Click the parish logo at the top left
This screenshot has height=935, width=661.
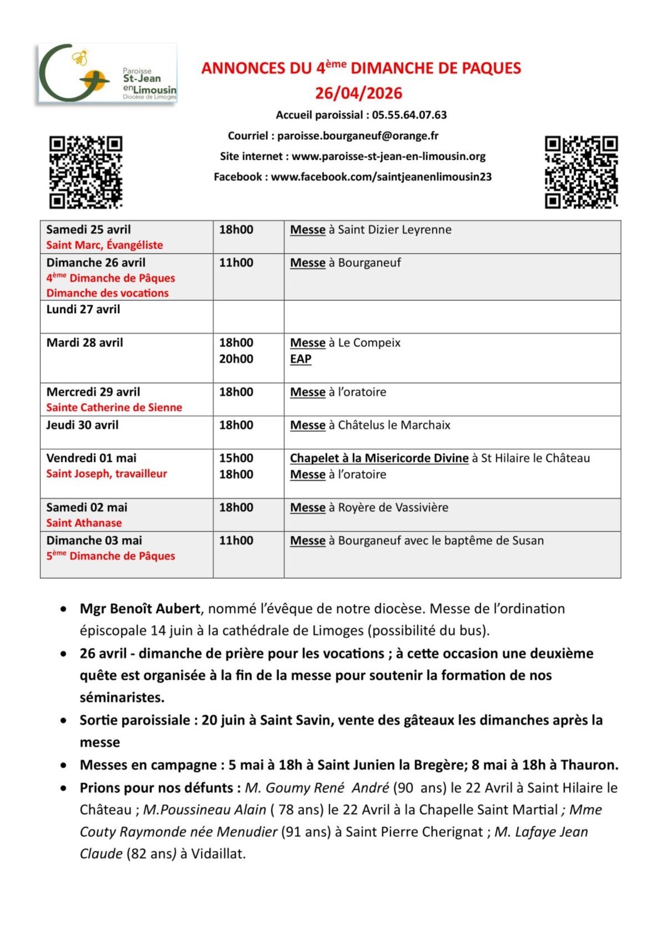[x=107, y=74]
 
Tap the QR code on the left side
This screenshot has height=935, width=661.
[x=85, y=172]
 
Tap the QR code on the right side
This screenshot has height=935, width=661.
[x=581, y=172]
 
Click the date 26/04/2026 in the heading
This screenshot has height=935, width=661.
[x=358, y=93]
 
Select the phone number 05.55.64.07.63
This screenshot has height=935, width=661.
[x=409, y=115]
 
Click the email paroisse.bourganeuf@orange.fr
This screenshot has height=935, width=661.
[x=358, y=136]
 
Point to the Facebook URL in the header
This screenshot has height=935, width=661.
[x=381, y=176]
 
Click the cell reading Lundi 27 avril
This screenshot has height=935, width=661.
[x=83, y=309]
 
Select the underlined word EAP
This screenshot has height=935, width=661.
[x=300, y=359]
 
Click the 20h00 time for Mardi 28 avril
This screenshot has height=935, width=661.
[x=236, y=359]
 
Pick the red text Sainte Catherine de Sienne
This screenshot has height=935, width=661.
[x=114, y=407]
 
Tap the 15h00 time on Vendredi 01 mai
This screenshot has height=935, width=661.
[x=236, y=458]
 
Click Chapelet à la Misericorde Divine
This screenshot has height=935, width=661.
[x=379, y=458]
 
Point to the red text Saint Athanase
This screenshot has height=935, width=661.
[x=84, y=523]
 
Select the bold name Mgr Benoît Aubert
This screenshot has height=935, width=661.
[x=140, y=608]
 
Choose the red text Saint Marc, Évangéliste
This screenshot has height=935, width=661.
[x=105, y=245]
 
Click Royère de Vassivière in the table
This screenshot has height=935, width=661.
[x=393, y=507]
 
